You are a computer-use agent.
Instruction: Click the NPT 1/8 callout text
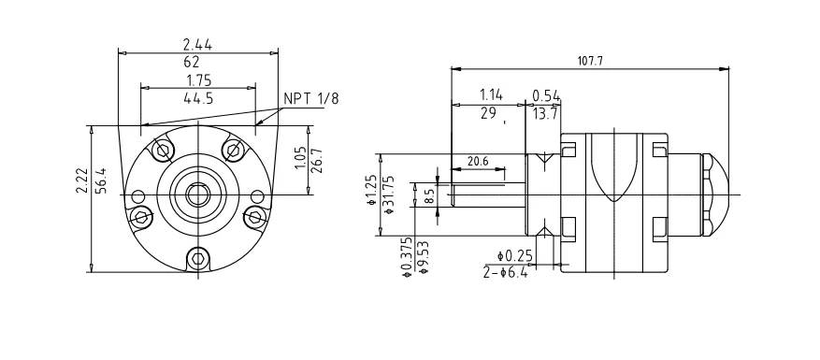click(x=310, y=98)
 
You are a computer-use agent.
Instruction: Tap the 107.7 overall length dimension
click(x=590, y=61)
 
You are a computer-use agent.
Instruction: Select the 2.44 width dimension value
click(x=197, y=45)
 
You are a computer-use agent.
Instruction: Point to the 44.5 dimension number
click(x=198, y=98)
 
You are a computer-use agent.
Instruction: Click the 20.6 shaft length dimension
click(x=478, y=161)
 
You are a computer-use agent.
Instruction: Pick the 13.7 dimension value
click(x=545, y=113)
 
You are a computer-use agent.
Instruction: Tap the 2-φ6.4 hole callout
click(x=506, y=272)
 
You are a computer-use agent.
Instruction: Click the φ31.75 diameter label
click(x=389, y=194)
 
